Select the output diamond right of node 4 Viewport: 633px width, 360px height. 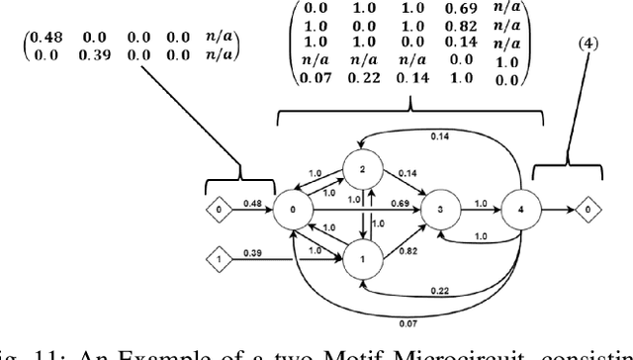tap(588, 211)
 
